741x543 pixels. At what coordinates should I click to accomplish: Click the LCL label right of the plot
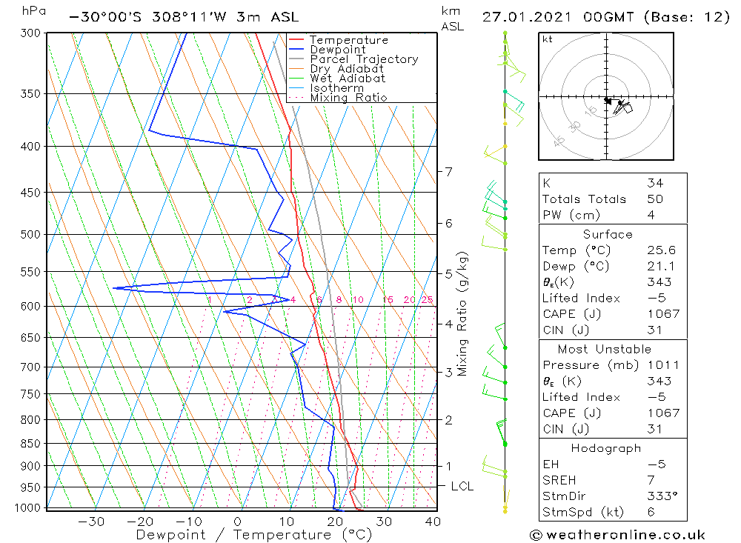pyautogui.click(x=462, y=486)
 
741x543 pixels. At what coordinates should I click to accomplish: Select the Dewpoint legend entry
pyautogui.click(x=337, y=50)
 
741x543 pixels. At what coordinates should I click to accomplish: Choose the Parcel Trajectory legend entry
pyautogui.click(x=363, y=59)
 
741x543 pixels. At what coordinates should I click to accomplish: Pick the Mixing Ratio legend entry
pyautogui.click(x=348, y=98)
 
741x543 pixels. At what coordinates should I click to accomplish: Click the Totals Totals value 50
pyautogui.click(x=655, y=199)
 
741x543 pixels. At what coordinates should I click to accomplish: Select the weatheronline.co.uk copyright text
pyautogui.click(x=617, y=535)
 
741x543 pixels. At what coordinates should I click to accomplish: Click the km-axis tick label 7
pyautogui.click(x=448, y=172)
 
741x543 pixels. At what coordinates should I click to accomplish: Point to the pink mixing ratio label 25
pyautogui.click(x=427, y=300)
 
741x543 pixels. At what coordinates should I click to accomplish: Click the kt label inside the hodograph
pyautogui.click(x=548, y=39)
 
